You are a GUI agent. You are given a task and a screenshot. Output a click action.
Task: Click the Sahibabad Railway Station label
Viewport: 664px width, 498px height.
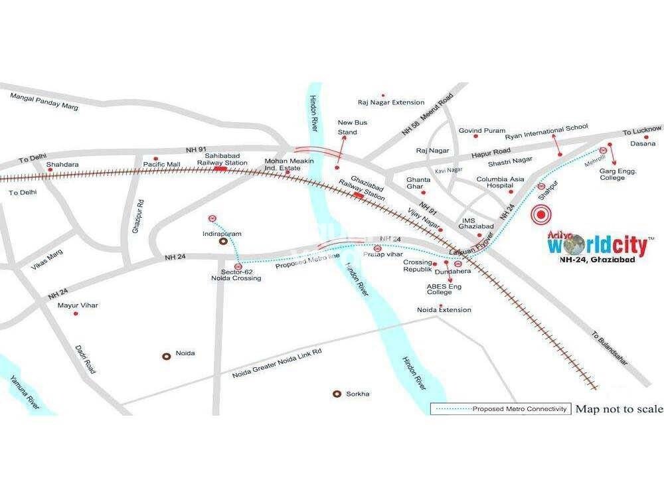222,158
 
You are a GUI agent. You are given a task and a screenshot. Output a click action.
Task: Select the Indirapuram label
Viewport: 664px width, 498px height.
221,234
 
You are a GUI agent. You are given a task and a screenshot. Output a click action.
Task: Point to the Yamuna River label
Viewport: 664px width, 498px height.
21,391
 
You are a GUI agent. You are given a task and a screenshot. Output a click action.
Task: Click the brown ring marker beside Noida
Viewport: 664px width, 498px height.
167,356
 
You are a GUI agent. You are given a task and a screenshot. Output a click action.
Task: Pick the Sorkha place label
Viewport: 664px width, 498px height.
357,394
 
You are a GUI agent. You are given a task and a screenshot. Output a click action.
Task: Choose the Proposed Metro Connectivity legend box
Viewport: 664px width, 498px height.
500,408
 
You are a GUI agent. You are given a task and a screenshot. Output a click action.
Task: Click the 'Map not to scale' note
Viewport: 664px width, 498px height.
618,408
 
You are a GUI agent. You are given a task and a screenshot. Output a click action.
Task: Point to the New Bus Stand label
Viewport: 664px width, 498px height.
352,127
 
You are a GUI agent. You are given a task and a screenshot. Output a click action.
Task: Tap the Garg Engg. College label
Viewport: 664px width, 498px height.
618,174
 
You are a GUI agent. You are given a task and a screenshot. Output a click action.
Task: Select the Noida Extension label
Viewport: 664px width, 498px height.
444,310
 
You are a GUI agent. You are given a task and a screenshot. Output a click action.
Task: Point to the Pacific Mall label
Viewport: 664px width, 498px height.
162,163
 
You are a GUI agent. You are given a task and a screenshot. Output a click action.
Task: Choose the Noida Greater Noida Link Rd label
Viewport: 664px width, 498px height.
277,362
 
